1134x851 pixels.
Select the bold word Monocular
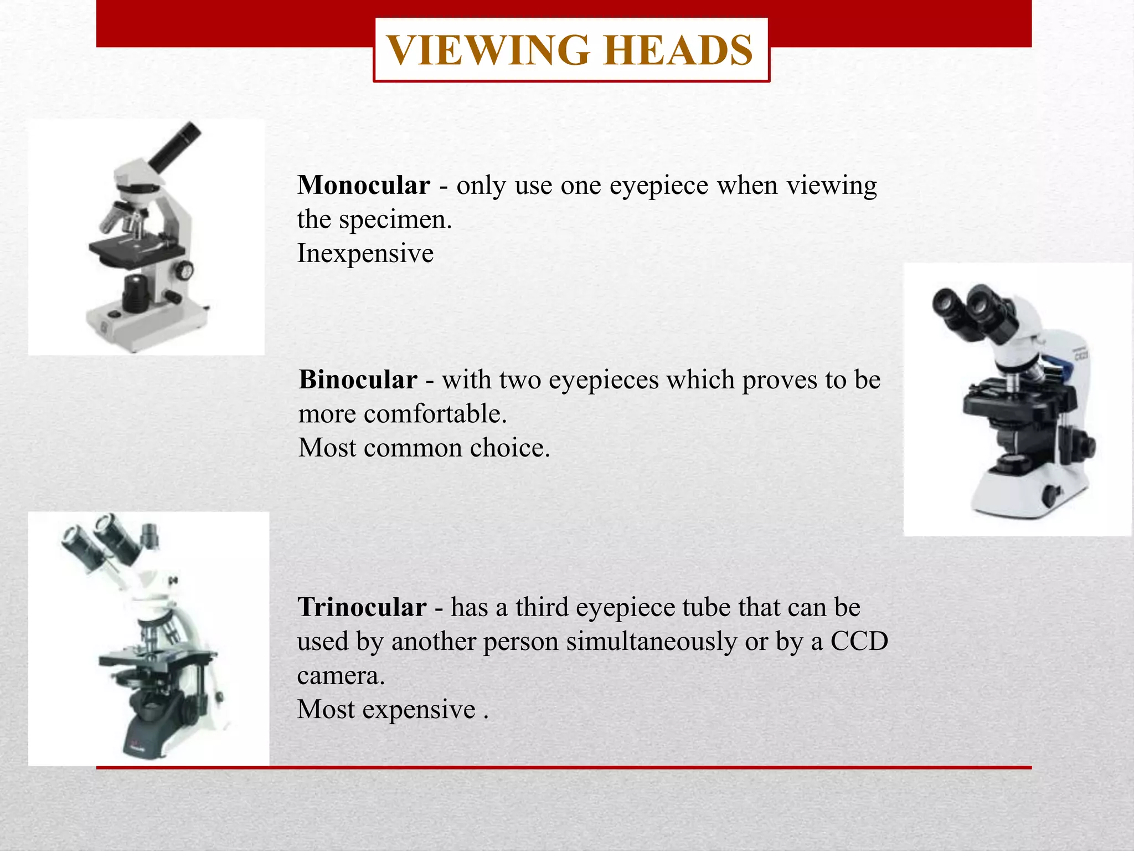(363, 185)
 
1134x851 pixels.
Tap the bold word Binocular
(358, 380)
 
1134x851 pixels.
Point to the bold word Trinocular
(362, 607)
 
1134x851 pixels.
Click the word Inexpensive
(365, 254)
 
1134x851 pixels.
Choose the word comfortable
(435, 414)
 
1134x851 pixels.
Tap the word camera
(341, 675)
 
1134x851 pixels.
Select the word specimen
(395, 220)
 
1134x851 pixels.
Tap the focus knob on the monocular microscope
(184, 271)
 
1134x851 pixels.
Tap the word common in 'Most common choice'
(412, 448)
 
